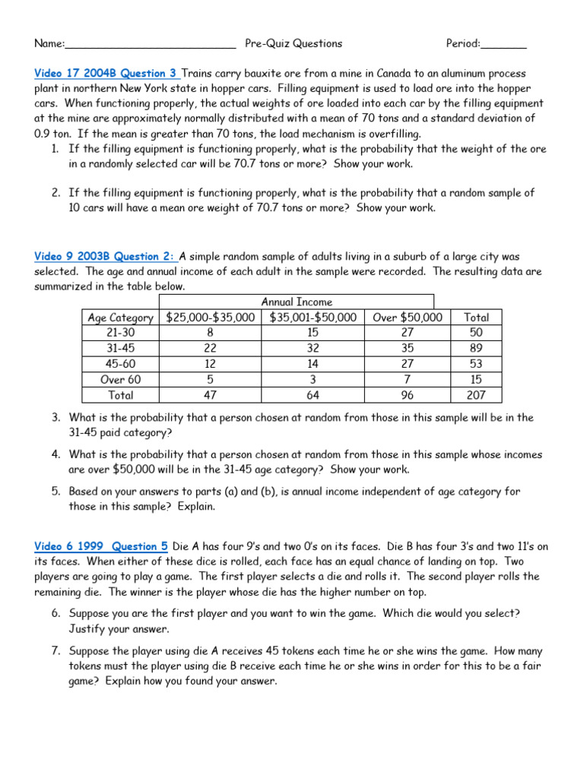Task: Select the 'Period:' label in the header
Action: (463, 43)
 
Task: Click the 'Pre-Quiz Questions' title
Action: (294, 43)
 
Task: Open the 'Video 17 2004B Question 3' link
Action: (106, 73)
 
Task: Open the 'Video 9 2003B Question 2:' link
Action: (105, 257)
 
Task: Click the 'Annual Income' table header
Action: (297, 302)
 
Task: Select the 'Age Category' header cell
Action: (121, 318)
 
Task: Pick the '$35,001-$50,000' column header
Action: (313, 318)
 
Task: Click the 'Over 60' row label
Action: (121, 379)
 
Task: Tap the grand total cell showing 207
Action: (476, 395)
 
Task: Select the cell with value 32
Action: (313, 349)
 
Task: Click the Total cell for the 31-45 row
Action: (476, 349)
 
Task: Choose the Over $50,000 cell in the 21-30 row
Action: (408, 333)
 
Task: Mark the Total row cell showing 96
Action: (408, 395)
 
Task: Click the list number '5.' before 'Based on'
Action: (56, 492)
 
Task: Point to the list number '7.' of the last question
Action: (56, 651)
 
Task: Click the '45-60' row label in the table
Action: (121, 364)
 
